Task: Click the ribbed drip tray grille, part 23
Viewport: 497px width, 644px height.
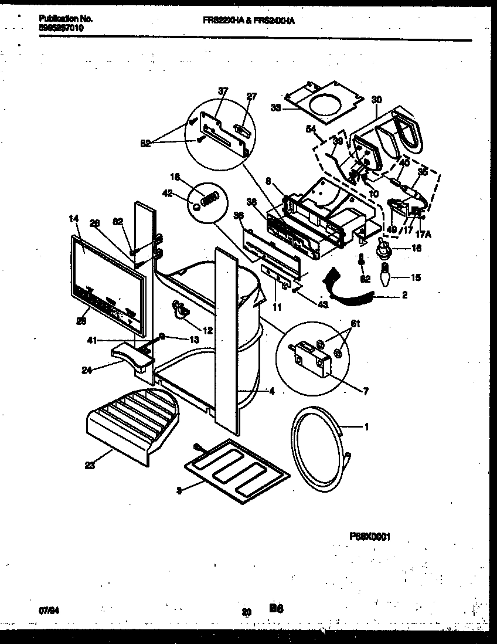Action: point(130,425)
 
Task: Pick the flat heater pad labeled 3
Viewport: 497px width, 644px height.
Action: point(237,469)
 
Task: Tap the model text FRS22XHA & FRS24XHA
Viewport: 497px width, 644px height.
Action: point(249,19)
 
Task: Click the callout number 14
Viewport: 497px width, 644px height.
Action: point(73,218)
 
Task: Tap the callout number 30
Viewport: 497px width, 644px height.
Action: point(376,100)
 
